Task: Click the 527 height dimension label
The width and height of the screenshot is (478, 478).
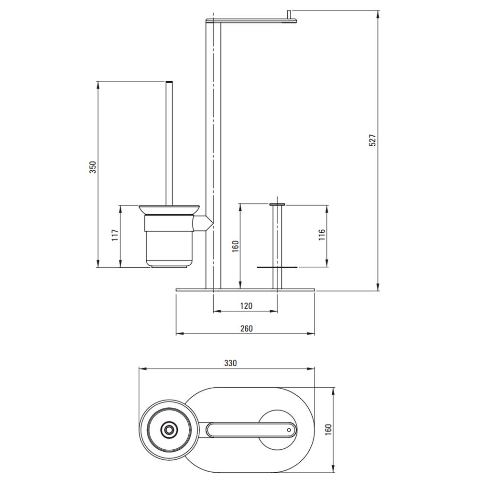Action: point(373,140)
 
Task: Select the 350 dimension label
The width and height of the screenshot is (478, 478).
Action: point(92,167)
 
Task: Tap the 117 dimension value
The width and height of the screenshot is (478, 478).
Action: point(115,235)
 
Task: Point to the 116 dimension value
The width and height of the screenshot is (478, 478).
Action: point(322,235)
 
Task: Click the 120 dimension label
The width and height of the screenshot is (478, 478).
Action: point(246,305)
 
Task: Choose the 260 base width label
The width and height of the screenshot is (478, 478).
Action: point(246,328)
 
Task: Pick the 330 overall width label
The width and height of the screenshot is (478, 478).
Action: point(230,363)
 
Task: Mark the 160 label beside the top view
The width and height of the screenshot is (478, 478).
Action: point(328,430)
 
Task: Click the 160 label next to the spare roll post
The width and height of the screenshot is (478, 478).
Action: point(235,246)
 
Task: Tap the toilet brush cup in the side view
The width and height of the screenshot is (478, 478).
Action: point(169,241)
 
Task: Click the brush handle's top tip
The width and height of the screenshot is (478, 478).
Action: point(169,81)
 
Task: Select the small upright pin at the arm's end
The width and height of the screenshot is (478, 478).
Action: point(289,14)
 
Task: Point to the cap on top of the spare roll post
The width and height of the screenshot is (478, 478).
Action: point(277,204)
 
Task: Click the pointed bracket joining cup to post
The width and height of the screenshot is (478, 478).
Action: point(203,223)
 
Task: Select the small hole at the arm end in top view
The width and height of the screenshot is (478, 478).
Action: point(289,430)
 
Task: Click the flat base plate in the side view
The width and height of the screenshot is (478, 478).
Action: point(245,290)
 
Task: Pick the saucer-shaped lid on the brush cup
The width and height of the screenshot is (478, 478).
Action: point(170,210)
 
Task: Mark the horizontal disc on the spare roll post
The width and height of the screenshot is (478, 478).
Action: point(277,267)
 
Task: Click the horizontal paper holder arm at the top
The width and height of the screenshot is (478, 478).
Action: point(251,21)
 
